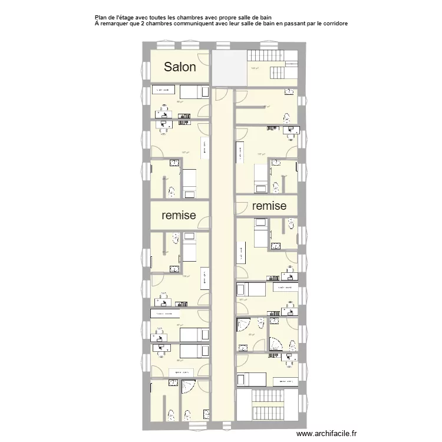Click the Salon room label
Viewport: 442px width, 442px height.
coord(180,67)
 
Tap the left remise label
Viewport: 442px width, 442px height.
coord(179,216)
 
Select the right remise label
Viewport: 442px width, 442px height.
coord(269,206)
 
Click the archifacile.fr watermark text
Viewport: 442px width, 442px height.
coord(326,433)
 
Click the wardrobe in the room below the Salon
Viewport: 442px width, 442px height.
coord(164,90)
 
